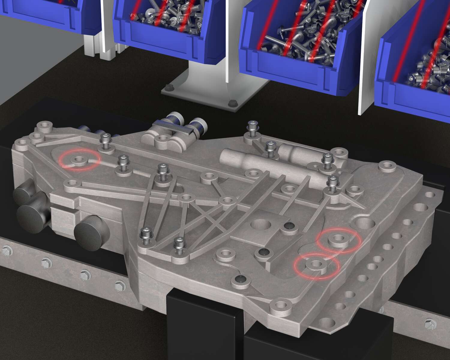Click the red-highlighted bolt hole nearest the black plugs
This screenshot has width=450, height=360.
79,159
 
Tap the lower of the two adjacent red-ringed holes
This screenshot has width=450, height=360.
316,264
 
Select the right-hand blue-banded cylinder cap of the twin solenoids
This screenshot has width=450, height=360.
199,124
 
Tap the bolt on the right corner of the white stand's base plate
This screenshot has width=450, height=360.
231,104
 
